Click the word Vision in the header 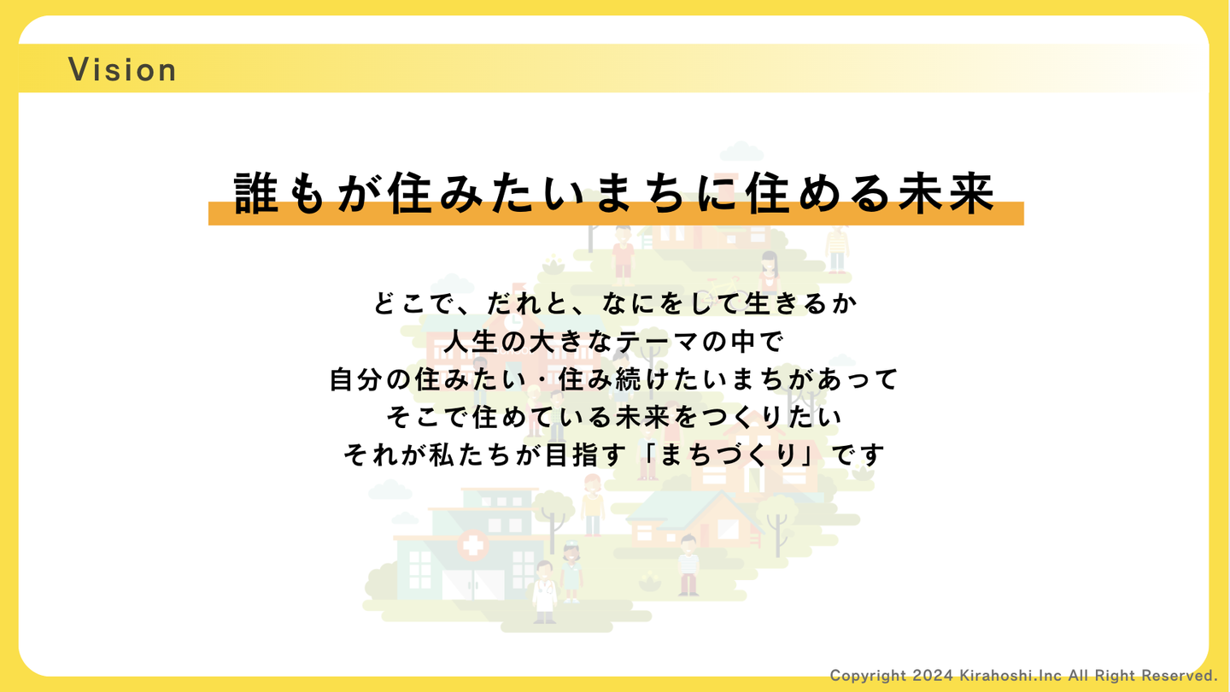tap(122, 70)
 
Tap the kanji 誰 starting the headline tap(255, 192)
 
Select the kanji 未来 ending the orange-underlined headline tap(946, 192)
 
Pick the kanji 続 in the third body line tap(627, 379)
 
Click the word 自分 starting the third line tap(355, 379)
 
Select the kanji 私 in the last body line tap(441, 454)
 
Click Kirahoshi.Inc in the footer tap(1010, 675)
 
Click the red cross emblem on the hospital tap(473, 545)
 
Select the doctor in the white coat tap(544, 592)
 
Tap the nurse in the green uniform tap(571, 572)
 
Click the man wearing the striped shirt tap(688, 566)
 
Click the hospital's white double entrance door tap(473, 584)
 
